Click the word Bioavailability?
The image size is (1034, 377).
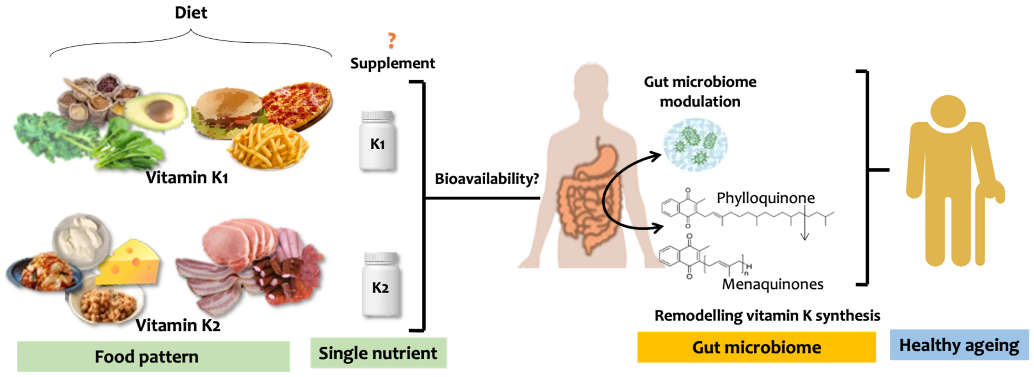tap(486, 179)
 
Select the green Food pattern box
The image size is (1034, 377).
tap(153, 356)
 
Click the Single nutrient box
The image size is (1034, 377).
tap(378, 353)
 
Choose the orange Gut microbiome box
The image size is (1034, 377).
tap(756, 347)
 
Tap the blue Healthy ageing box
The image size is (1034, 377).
tap(959, 345)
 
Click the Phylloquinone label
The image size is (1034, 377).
tap(765, 198)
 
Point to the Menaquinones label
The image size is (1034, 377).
tap(772, 284)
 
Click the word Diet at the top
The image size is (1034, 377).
tap(191, 13)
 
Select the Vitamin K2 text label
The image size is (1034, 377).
tap(178, 325)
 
